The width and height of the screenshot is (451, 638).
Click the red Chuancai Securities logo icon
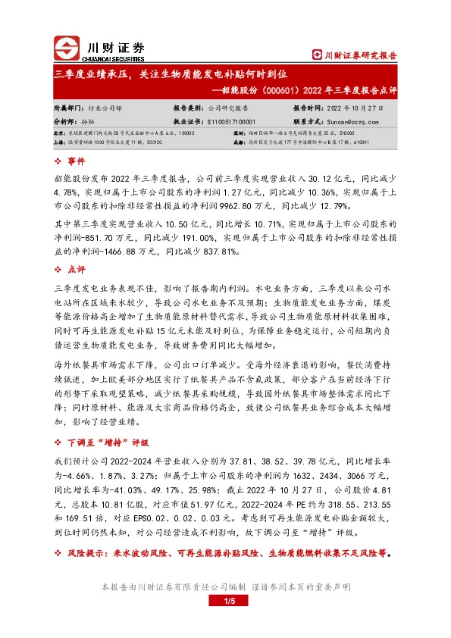(67, 48)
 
